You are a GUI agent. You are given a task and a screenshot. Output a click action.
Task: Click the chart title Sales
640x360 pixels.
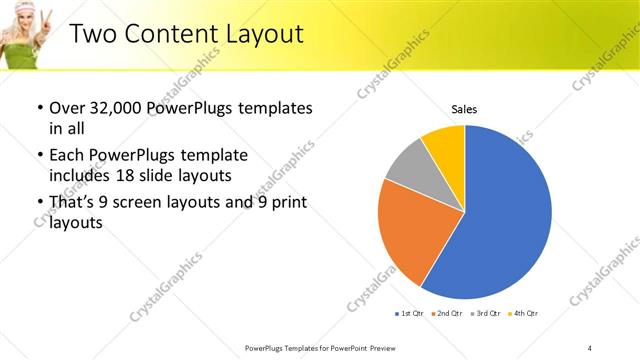(464, 108)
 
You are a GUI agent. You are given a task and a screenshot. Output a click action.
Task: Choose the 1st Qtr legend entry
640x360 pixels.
(409, 314)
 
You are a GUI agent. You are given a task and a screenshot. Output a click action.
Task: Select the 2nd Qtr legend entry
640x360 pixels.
(446, 314)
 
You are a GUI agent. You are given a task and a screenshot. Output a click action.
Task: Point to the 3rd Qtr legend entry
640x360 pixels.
(484, 314)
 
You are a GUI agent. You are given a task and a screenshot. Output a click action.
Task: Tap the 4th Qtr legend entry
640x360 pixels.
(522, 314)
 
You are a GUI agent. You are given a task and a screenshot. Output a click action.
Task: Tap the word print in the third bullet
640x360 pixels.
(286, 203)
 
